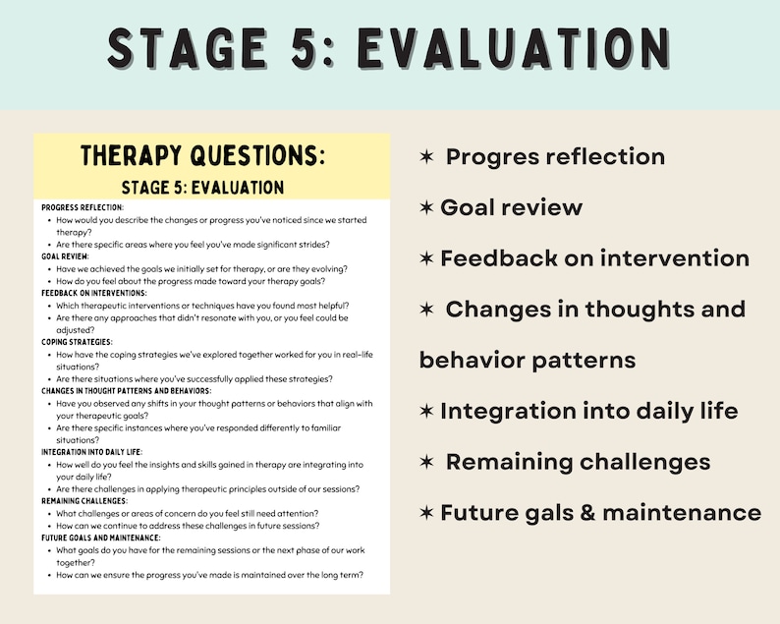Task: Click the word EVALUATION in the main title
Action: pos(514,47)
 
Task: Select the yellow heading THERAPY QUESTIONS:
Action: pos(202,156)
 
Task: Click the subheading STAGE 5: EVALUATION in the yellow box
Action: pos(202,187)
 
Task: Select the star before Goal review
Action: pos(427,207)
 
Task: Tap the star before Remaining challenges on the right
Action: pos(427,462)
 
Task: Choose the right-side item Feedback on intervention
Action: pos(594,258)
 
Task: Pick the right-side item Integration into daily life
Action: pos(588,411)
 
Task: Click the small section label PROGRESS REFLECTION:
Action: pos(83,207)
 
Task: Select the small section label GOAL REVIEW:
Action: pos(65,255)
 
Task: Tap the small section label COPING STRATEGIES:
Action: pos(76,342)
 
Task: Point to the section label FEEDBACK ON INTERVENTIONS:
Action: pos(94,293)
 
